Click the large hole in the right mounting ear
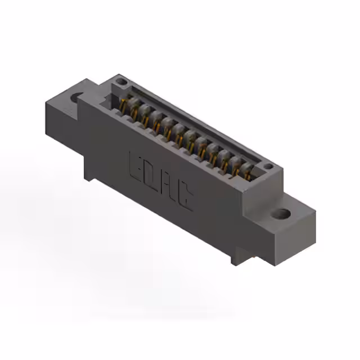pyautogui.click(x=282, y=214)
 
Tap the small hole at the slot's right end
pyautogui.click(x=269, y=166)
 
